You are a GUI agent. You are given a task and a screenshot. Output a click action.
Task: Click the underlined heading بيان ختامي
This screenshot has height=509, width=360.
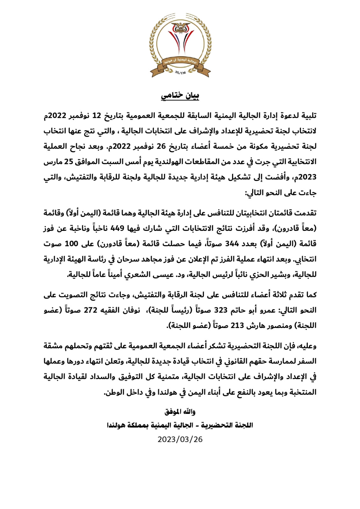click(x=180, y=95)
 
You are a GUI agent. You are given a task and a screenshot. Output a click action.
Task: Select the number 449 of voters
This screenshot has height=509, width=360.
click(x=117, y=228)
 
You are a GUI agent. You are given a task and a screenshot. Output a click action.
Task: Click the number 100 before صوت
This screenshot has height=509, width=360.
click(x=71, y=244)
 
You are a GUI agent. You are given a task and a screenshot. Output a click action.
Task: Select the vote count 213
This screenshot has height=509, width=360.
click(x=237, y=326)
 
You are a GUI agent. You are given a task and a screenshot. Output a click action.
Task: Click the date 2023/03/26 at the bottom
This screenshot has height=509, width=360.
click(x=180, y=439)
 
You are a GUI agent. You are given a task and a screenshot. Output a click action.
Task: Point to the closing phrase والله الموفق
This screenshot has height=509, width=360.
click(x=180, y=412)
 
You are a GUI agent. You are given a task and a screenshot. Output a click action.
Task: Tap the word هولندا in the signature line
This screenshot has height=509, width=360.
click(x=116, y=425)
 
